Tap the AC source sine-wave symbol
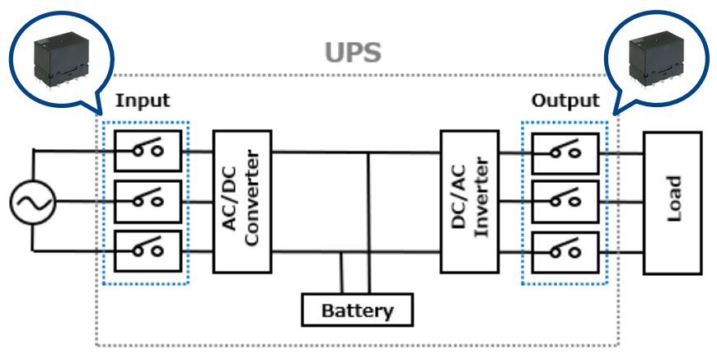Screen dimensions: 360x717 pyautogui.click(x=32, y=200)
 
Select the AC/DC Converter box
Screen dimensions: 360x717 pyautogui.click(x=242, y=201)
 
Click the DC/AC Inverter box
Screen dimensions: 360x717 pyautogui.click(x=470, y=201)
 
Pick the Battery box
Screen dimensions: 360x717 pyautogui.click(x=357, y=310)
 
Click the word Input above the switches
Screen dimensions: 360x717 pyautogui.click(x=143, y=101)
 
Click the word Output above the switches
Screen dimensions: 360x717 pyautogui.click(x=565, y=101)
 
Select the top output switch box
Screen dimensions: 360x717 pyautogui.click(x=565, y=151)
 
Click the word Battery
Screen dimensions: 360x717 pyautogui.click(x=357, y=311)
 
